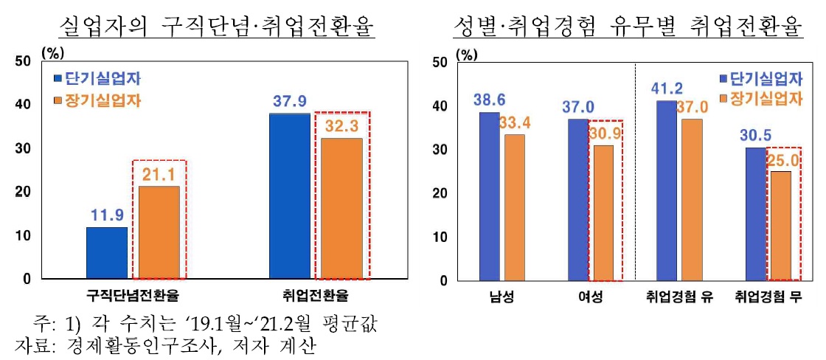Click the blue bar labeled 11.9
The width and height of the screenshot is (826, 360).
click(107, 253)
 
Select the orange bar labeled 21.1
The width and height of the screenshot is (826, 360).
click(159, 232)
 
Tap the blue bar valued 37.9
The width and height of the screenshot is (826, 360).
click(290, 196)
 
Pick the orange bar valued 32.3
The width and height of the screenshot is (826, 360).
click(341, 209)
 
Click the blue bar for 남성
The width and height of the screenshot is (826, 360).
click(489, 196)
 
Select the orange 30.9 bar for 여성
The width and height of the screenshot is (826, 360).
click(603, 213)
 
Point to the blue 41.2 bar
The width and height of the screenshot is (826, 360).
click(666, 190)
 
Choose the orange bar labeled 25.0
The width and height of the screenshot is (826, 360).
click(780, 226)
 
